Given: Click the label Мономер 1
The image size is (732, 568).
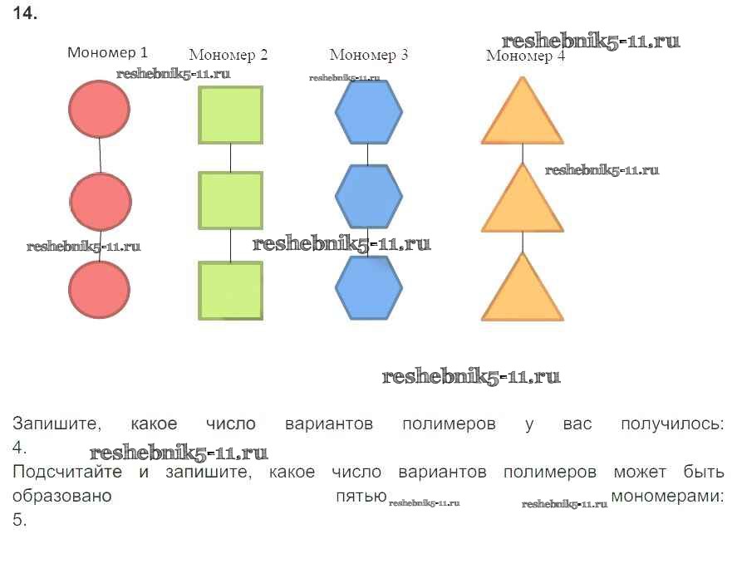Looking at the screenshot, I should [x=107, y=52].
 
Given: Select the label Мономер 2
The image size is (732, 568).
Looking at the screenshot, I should [x=228, y=56].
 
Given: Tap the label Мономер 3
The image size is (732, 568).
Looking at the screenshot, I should [x=368, y=55].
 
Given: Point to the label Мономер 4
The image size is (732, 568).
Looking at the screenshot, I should [x=524, y=56].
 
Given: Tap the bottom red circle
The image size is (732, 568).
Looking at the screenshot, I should [x=99, y=289].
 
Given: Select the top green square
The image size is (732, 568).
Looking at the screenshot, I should [x=230, y=115].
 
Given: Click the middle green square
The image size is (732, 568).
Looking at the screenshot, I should [x=230, y=200].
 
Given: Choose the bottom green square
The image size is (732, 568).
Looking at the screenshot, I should [x=230, y=291].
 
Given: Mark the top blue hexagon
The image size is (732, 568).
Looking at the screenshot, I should [x=368, y=112].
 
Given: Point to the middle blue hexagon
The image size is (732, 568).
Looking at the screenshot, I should [x=368, y=197].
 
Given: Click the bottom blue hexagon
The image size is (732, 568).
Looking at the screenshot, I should [x=368, y=287].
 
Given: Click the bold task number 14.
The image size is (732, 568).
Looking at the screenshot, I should [x=26, y=14].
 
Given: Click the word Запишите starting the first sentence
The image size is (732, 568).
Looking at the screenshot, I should [x=56, y=424].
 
